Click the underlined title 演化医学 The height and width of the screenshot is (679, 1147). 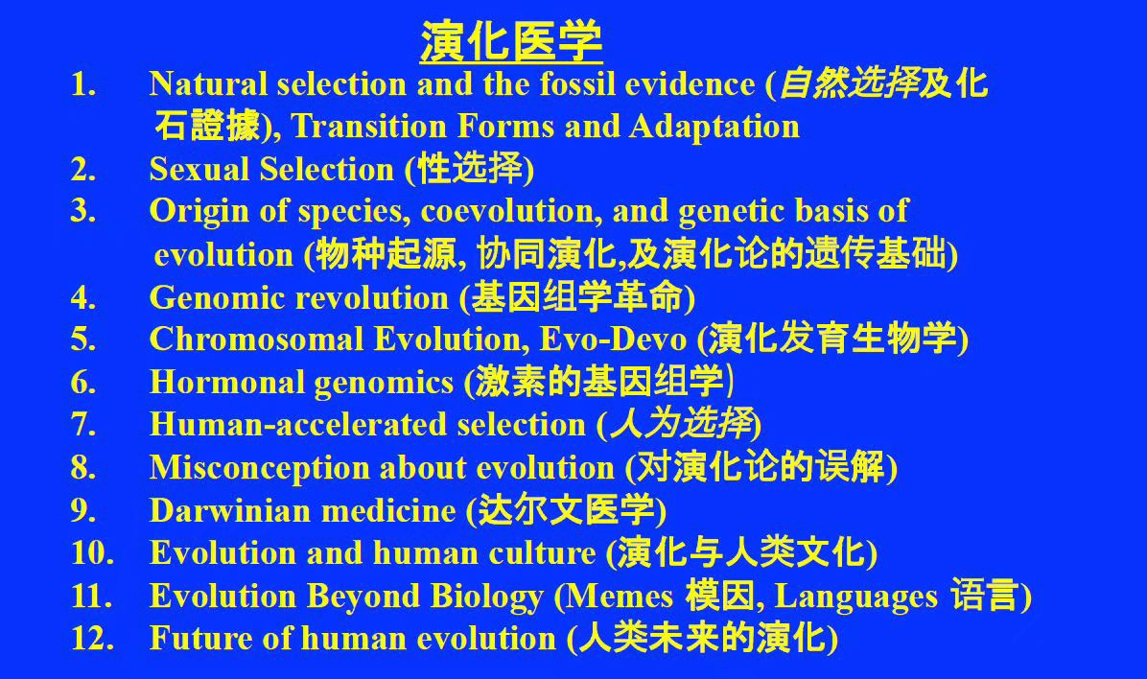click(x=510, y=41)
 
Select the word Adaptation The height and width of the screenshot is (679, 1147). click(x=714, y=127)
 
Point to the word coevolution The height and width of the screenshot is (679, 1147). click(x=511, y=211)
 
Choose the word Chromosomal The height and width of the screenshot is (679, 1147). click(x=257, y=339)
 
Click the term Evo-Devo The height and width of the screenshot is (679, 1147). click(x=613, y=339)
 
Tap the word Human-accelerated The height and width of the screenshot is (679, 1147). click(x=297, y=424)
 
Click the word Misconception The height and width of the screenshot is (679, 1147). click(x=259, y=468)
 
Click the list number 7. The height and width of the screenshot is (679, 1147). click(x=82, y=424)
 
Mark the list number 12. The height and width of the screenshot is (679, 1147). click(x=92, y=638)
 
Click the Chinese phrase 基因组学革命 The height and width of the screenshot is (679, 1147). click(x=576, y=297)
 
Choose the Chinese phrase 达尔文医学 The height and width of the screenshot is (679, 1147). click(x=566, y=510)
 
